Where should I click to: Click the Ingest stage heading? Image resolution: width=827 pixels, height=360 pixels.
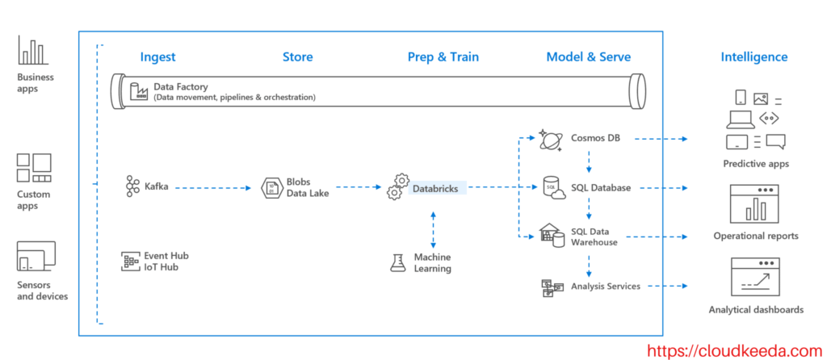coord(157,57)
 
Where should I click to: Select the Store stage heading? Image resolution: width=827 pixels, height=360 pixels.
coord(297,57)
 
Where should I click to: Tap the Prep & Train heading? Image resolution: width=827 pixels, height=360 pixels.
coord(443,57)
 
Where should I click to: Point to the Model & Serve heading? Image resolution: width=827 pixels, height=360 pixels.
coord(588,57)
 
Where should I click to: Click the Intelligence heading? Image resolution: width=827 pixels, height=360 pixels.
coord(754,57)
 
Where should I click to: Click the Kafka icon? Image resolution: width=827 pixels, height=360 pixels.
coord(132,187)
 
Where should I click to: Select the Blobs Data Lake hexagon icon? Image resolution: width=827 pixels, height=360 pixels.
coord(271,187)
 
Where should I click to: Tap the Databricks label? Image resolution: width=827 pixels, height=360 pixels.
coord(435,188)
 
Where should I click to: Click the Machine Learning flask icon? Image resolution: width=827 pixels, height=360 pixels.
coord(397,262)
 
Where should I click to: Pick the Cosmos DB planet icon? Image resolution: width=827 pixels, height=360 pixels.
coord(553,140)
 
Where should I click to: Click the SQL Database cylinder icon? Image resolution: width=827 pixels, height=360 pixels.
coord(553,187)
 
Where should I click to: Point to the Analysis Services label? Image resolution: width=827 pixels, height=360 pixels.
coord(605,286)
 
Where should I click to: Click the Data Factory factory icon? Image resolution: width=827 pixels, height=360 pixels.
coord(138,91)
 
